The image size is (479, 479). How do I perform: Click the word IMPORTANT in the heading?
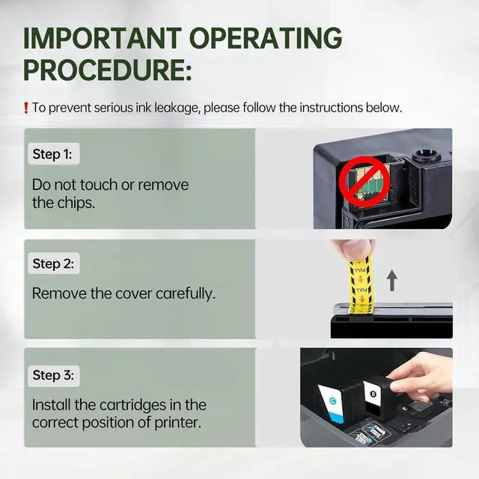coord(103,38)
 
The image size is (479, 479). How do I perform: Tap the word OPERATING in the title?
coord(266,38)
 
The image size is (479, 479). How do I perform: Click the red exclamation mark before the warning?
coord(26,108)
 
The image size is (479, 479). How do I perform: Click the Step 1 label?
coord(52,154)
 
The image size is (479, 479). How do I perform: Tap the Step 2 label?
coord(53,263)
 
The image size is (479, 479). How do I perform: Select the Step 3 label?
coord(53,375)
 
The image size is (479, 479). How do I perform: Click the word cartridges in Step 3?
coord(133,406)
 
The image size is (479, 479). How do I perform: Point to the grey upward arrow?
coord(392,280)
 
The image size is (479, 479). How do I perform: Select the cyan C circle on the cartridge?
coord(333,400)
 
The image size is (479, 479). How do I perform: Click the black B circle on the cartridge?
coord(373,394)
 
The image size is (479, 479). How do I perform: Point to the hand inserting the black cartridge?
coord(420,376)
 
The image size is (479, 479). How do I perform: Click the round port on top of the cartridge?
coord(427,155)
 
